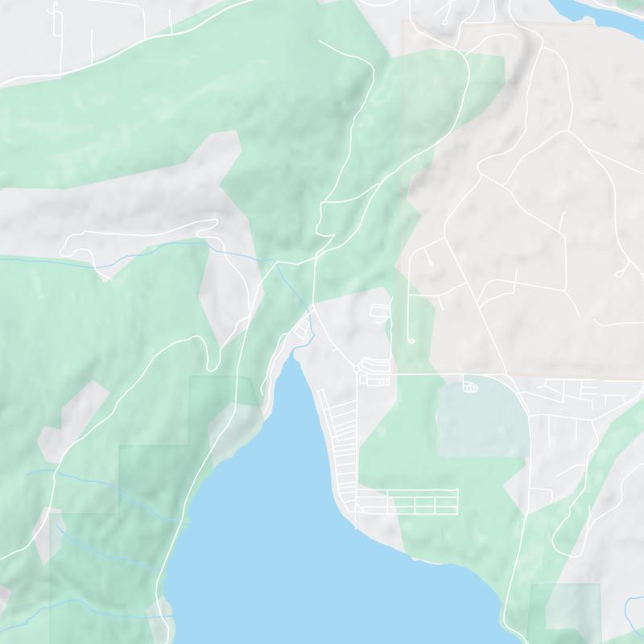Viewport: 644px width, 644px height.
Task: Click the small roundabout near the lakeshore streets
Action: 355,369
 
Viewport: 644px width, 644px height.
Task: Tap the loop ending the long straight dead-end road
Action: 410,341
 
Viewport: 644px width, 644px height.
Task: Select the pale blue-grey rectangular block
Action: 481,421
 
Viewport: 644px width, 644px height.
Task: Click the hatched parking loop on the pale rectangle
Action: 470,388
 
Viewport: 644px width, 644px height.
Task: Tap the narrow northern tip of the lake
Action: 294,362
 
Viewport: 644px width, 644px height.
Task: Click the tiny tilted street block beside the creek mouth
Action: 303,328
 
